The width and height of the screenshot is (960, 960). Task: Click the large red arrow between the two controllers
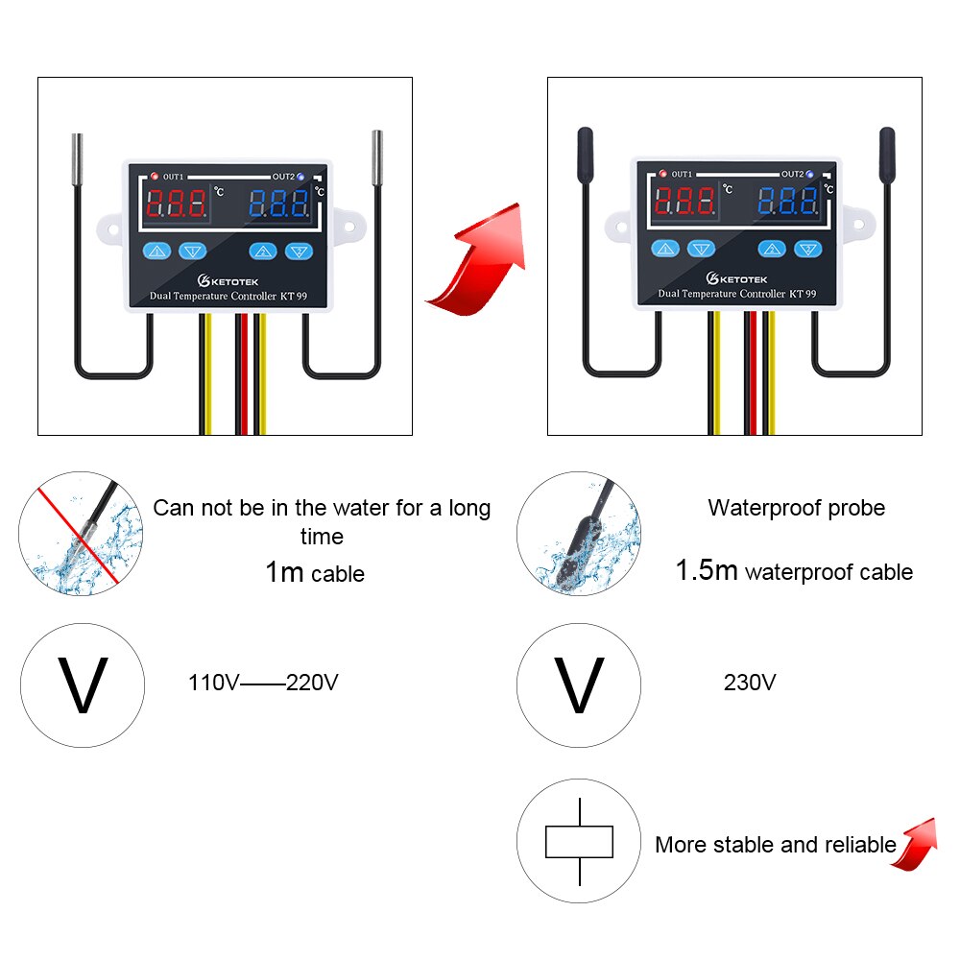[480, 264]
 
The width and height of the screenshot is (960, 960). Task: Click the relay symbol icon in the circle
[579, 842]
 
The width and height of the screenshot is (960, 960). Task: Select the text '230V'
[749, 684]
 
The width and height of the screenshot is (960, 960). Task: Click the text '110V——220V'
[263, 684]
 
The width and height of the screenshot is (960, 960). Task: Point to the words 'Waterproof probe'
[796, 508]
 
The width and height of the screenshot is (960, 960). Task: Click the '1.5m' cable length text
[707, 571]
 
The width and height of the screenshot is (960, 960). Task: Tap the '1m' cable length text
[284, 573]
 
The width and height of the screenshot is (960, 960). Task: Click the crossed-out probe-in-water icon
[82, 533]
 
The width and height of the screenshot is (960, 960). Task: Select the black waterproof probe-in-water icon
[579, 533]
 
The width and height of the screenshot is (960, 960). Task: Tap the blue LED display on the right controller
[786, 202]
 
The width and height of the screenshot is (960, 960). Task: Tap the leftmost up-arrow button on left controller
[157, 252]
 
